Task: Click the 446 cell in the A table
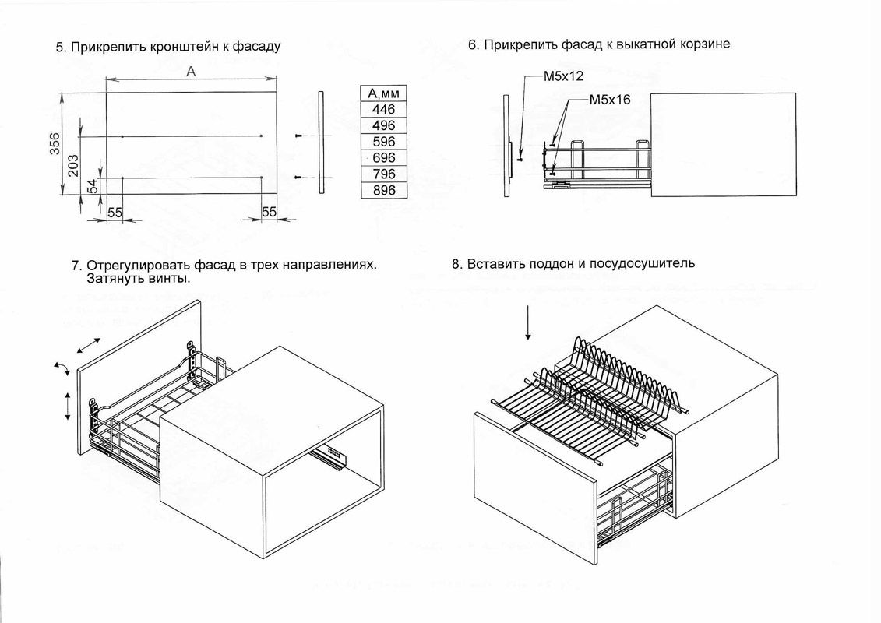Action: tap(384, 110)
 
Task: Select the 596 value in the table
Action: tap(384, 142)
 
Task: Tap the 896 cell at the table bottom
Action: tap(384, 190)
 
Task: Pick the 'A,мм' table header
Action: tap(384, 93)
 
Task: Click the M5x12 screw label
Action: tap(563, 78)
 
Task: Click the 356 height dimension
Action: tap(55, 145)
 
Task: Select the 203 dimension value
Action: tap(72, 165)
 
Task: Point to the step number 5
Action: tap(59, 47)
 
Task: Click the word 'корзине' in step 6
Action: tap(706, 44)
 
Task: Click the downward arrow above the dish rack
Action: tap(528, 322)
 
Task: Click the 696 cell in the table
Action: tap(384, 158)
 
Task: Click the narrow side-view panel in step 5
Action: tap(320, 143)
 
